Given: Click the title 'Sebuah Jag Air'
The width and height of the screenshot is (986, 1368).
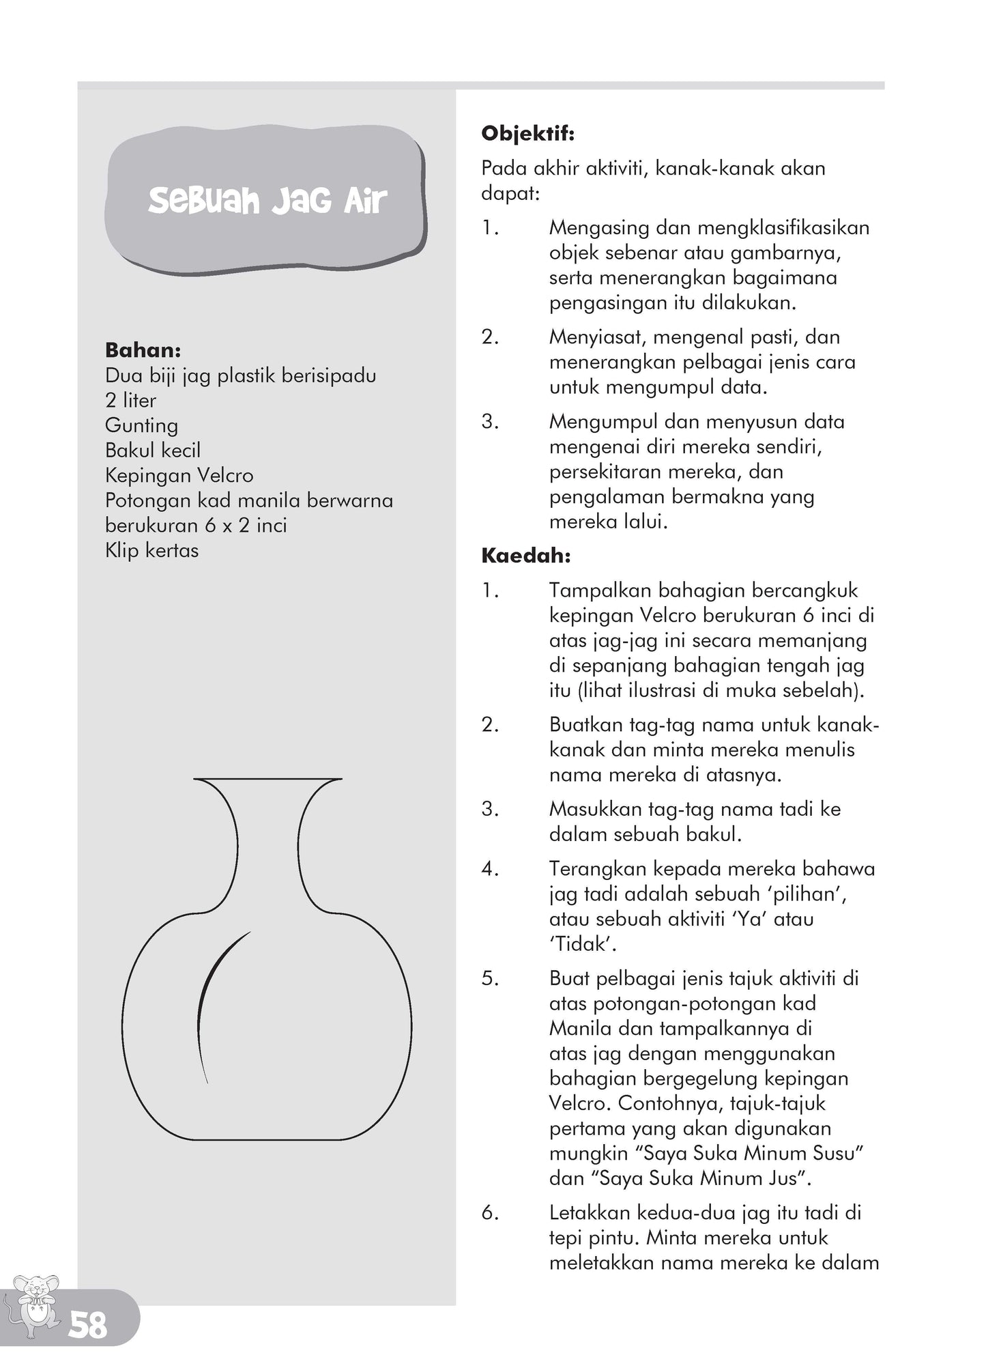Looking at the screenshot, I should (267, 201).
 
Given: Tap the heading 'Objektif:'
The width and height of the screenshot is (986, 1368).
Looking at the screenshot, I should (527, 133).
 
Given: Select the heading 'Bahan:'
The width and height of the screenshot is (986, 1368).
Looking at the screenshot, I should (143, 350).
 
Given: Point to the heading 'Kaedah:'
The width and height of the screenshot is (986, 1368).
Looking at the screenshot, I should (525, 556).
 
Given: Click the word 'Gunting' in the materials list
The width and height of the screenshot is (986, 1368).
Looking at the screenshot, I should (141, 425).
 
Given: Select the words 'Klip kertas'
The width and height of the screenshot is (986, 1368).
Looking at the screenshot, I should (151, 550).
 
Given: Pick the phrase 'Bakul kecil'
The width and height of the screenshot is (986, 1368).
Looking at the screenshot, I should (153, 451).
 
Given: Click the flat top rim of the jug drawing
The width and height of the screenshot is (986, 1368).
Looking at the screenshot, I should (267, 778).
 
